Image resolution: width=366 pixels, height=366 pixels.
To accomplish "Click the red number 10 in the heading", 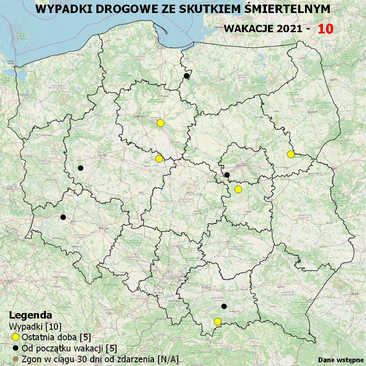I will [x=325, y=29].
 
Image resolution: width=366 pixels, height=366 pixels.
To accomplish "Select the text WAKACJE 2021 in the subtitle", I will [x=263, y=29].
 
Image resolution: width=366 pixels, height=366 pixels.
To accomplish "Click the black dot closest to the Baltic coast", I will [x=187, y=76].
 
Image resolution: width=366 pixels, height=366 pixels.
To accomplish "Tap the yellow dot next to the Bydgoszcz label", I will [x=160, y=123].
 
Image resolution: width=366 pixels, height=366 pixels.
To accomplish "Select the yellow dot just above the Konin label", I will [x=159, y=158].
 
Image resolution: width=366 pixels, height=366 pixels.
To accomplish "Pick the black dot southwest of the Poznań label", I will [x=81, y=168].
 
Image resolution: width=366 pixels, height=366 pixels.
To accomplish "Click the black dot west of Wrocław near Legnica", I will [x=63, y=217].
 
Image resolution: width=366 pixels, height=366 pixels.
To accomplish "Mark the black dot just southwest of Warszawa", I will [x=227, y=175].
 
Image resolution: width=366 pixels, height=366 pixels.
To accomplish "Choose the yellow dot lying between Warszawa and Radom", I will [x=238, y=189].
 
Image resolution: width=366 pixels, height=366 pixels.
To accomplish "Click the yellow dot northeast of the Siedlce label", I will [x=291, y=154].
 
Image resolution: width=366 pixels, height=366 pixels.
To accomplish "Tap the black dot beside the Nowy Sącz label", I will [x=224, y=306].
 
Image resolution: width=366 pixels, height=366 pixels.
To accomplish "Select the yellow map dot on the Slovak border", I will [x=218, y=322].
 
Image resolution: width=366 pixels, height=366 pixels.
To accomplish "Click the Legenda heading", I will [x=30, y=315].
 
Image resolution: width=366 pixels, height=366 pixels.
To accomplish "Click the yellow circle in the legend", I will [x=16, y=337].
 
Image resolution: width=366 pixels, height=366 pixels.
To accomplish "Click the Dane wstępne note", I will [x=341, y=360].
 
